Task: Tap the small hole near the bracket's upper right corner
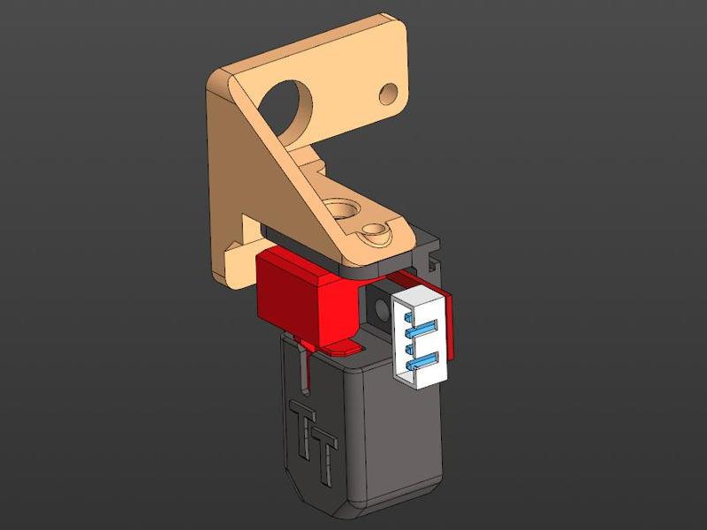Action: [x=387, y=91]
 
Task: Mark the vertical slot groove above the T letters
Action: [x=304, y=371]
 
